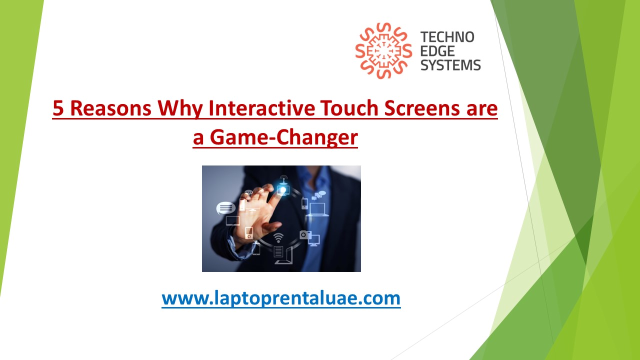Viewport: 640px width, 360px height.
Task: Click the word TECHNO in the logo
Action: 447,37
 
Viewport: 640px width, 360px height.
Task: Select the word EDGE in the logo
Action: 437,51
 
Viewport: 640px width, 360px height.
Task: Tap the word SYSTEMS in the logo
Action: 450,65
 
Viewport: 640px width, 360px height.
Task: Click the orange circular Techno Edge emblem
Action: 383,51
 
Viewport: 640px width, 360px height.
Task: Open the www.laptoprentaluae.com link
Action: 281,298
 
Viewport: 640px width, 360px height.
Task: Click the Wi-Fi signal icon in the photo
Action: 278,236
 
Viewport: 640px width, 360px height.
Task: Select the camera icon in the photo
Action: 305,234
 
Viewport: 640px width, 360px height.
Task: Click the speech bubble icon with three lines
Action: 225,207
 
